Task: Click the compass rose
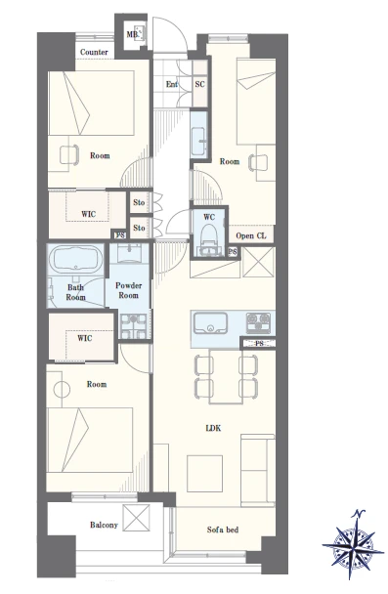[353, 545]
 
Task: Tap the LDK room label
[213, 429]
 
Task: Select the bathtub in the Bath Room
[76, 259]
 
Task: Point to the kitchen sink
[210, 323]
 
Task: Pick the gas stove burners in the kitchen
[259, 322]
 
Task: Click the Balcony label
[104, 525]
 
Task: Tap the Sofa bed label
[223, 530]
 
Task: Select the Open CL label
[251, 235]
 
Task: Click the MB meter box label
[132, 35]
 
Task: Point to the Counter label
[94, 52]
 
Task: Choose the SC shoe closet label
[199, 84]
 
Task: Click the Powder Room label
[128, 290]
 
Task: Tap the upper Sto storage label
[139, 202]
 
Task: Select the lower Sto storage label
[139, 228]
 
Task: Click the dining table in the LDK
[226, 376]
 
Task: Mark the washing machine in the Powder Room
[133, 326]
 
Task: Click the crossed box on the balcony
[137, 518]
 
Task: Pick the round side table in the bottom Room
[62, 389]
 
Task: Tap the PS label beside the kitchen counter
[260, 344]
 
